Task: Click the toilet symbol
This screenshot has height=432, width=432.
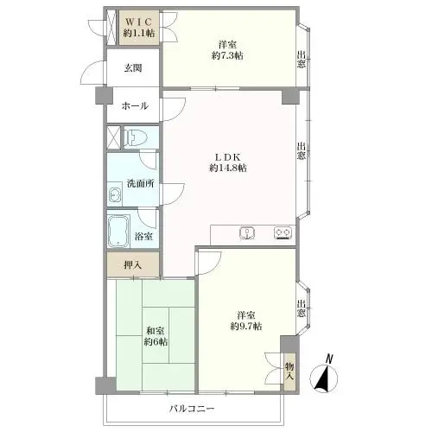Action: (x=136, y=137)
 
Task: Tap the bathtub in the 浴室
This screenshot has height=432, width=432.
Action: (x=118, y=232)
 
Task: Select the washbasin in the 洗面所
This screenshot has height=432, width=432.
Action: (x=115, y=196)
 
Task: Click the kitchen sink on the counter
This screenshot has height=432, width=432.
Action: (x=247, y=233)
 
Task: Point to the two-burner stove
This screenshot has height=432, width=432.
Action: (x=283, y=233)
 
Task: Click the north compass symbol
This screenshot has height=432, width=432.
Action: (x=324, y=375)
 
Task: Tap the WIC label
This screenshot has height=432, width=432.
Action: (x=139, y=22)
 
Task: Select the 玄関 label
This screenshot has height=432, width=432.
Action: (x=133, y=68)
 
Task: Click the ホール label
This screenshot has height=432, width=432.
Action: (x=135, y=106)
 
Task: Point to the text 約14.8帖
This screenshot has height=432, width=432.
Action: (x=228, y=168)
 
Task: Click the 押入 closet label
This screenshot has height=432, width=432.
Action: (x=133, y=265)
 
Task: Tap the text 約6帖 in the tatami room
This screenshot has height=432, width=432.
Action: (x=156, y=342)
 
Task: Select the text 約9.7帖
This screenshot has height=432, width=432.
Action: (x=246, y=327)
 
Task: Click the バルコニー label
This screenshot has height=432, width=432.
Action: (x=192, y=409)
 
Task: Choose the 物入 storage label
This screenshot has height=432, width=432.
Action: (x=289, y=372)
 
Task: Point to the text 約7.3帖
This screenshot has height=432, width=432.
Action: (x=227, y=55)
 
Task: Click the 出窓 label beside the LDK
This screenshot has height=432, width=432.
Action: (x=302, y=151)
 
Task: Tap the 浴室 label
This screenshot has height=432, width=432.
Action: (x=143, y=237)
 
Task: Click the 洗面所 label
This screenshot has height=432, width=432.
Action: (x=141, y=183)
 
